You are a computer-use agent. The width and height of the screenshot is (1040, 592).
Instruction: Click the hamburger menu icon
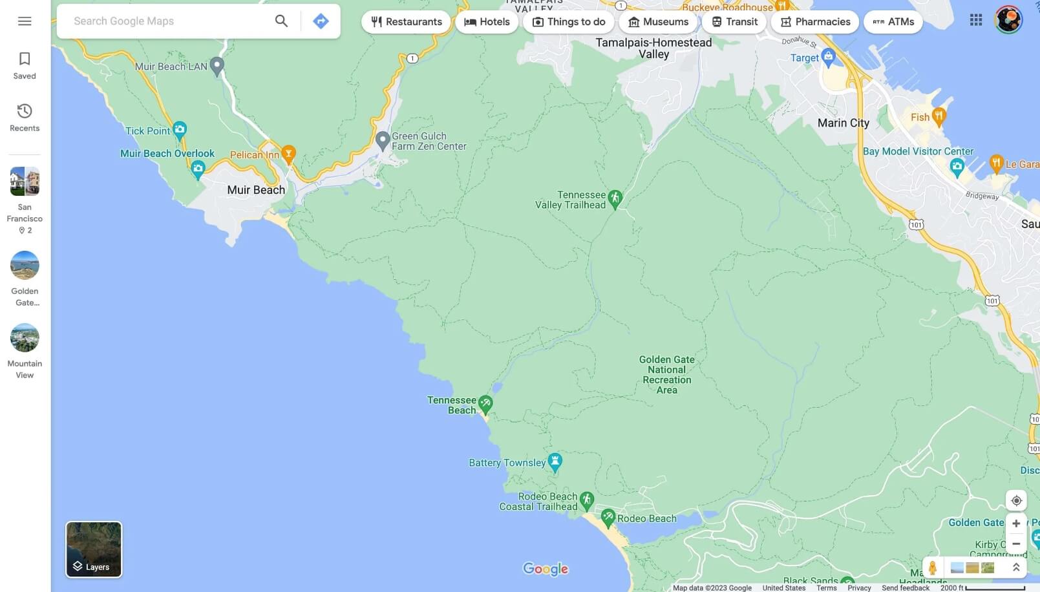25,21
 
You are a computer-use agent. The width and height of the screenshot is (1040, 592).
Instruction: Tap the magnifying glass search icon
281,21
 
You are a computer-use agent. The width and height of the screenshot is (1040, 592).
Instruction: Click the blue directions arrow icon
321,21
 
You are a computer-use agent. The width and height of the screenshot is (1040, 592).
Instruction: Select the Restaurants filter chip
406,22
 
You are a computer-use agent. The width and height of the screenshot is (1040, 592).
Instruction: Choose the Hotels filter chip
487,22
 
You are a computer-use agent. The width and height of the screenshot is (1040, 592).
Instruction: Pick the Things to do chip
569,22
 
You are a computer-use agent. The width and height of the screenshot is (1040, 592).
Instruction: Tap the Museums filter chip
658,22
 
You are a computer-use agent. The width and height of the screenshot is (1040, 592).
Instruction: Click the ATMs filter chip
893,22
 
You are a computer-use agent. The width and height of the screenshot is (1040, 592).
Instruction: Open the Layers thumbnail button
94,549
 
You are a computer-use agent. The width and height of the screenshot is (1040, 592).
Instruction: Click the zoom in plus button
1016,523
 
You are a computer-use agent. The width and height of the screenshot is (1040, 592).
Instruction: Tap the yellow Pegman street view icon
932,567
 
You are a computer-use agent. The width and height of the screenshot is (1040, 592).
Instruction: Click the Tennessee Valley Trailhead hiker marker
615,198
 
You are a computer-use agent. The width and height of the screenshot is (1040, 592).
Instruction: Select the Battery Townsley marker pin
555,461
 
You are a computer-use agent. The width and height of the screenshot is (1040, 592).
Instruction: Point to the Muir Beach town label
256,190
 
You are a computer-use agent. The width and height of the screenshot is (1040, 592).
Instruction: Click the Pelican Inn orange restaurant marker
289,153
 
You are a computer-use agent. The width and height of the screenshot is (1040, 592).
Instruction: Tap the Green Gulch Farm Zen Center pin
383,140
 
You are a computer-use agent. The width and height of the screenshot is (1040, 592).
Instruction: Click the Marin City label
843,123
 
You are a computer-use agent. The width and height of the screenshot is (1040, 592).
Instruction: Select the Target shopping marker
829,57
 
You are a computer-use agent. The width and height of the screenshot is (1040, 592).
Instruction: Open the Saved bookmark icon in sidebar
25,65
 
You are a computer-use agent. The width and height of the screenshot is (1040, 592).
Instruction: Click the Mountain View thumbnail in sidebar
25,338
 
